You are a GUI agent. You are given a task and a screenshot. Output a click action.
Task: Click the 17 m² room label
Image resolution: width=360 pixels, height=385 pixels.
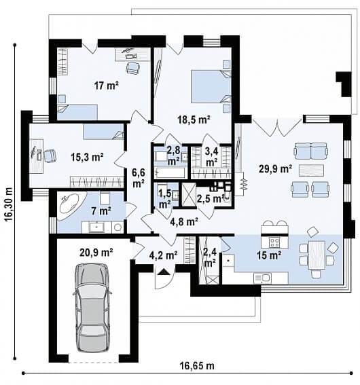[107, 86]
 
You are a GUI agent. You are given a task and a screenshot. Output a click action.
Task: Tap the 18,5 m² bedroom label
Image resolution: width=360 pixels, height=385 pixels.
[194, 120]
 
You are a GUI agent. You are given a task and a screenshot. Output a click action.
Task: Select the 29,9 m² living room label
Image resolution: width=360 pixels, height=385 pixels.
[276, 168]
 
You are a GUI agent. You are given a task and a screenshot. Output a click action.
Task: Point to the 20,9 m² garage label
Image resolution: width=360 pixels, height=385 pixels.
[96, 252]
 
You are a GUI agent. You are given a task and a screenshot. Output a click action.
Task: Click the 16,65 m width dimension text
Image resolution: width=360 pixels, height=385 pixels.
[197, 366]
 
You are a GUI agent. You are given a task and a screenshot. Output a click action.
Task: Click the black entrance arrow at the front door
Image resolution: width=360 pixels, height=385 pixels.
[164, 272]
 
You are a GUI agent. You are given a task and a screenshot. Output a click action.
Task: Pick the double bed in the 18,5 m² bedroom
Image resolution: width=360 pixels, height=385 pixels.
[211, 86]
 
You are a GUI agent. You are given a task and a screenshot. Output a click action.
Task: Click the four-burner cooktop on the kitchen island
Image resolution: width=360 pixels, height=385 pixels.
[274, 242]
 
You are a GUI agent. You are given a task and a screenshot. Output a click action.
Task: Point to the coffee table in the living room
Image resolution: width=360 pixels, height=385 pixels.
[311, 170]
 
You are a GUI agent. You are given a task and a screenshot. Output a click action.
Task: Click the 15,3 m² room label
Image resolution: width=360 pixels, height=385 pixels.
[87, 157]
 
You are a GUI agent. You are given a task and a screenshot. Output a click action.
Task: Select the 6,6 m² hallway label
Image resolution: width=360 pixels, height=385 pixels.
[139, 178]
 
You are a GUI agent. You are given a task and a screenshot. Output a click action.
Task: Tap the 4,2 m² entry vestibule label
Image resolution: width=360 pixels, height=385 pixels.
[163, 255]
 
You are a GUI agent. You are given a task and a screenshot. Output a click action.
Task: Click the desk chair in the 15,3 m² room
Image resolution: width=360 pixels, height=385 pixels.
[50, 155]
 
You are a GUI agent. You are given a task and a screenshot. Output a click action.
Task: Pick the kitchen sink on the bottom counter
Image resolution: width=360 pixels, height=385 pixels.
[262, 278]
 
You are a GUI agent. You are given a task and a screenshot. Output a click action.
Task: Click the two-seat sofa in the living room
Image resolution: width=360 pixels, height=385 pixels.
[311, 151]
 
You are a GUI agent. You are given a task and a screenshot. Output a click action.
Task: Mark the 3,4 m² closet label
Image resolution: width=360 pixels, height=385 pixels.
[212, 157]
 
